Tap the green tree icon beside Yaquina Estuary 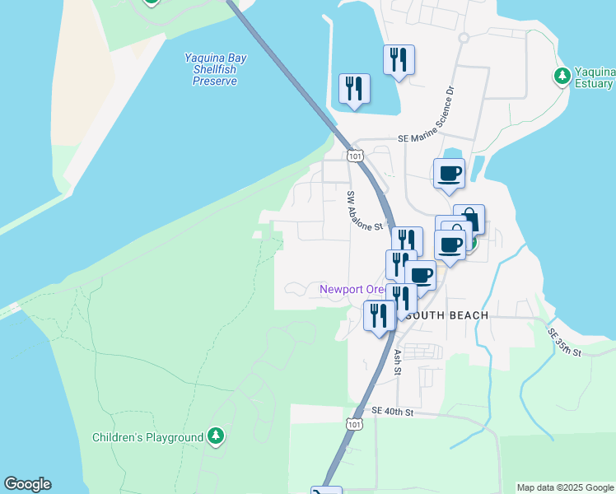click(562, 76)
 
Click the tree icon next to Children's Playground click(216, 436)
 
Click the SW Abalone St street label click(366, 212)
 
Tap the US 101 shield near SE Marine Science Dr click(355, 155)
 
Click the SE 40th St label click(391, 411)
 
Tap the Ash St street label click(397, 361)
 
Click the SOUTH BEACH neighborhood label click(448, 315)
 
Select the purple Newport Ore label click(352, 290)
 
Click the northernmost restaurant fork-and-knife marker click(399, 59)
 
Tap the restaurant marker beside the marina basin click(354, 88)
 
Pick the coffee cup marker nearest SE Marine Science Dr click(449, 174)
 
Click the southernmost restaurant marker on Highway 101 click(379, 315)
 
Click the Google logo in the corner click(27, 484)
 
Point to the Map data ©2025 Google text click(565, 487)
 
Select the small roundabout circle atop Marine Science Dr click(464, 38)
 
